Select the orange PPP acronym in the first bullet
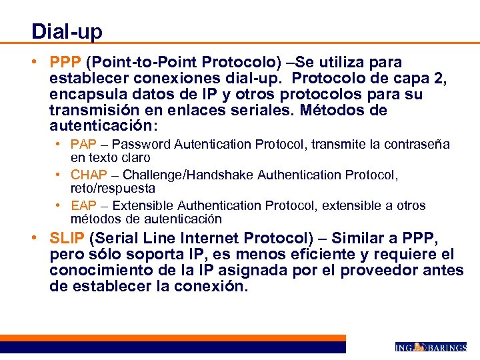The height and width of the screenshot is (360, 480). point(65,63)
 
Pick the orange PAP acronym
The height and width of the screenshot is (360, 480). point(83,145)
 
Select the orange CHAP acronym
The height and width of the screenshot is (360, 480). point(87,175)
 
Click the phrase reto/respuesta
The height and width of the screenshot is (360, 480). point(113,189)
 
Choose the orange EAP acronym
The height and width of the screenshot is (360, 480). point(83,206)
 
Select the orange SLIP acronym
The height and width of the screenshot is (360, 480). point(67,239)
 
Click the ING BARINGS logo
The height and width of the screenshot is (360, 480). point(430,347)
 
